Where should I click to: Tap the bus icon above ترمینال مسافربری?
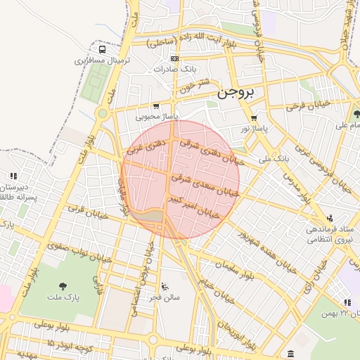(x=103, y=50)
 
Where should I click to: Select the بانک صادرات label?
(x=173, y=70)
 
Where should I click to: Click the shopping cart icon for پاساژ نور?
(x=253, y=117)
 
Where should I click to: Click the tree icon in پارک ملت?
(x=63, y=285)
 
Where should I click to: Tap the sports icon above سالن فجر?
(x=165, y=286)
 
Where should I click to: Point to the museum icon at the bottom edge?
(x=290, y=352)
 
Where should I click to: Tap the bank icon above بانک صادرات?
(x=174, y=58)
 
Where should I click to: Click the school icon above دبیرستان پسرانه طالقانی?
(x=12, y=176)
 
